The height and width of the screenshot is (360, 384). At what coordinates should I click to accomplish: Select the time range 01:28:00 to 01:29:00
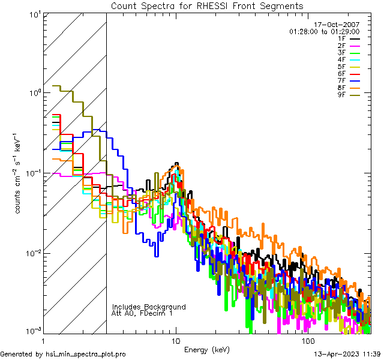tap(325, 31)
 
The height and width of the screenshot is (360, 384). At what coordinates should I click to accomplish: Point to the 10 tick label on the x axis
tap(175, 340)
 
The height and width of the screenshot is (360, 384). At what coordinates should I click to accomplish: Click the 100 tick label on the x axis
tap(307, 340)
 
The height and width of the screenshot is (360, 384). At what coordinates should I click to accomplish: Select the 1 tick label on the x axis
tap(43, 340)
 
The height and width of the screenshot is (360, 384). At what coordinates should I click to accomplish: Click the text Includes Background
tap(149, 307)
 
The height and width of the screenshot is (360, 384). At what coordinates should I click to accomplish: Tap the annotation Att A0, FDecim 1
tap(142, 313)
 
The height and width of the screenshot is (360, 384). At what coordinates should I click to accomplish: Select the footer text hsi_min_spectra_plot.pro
tap(86, 355)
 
